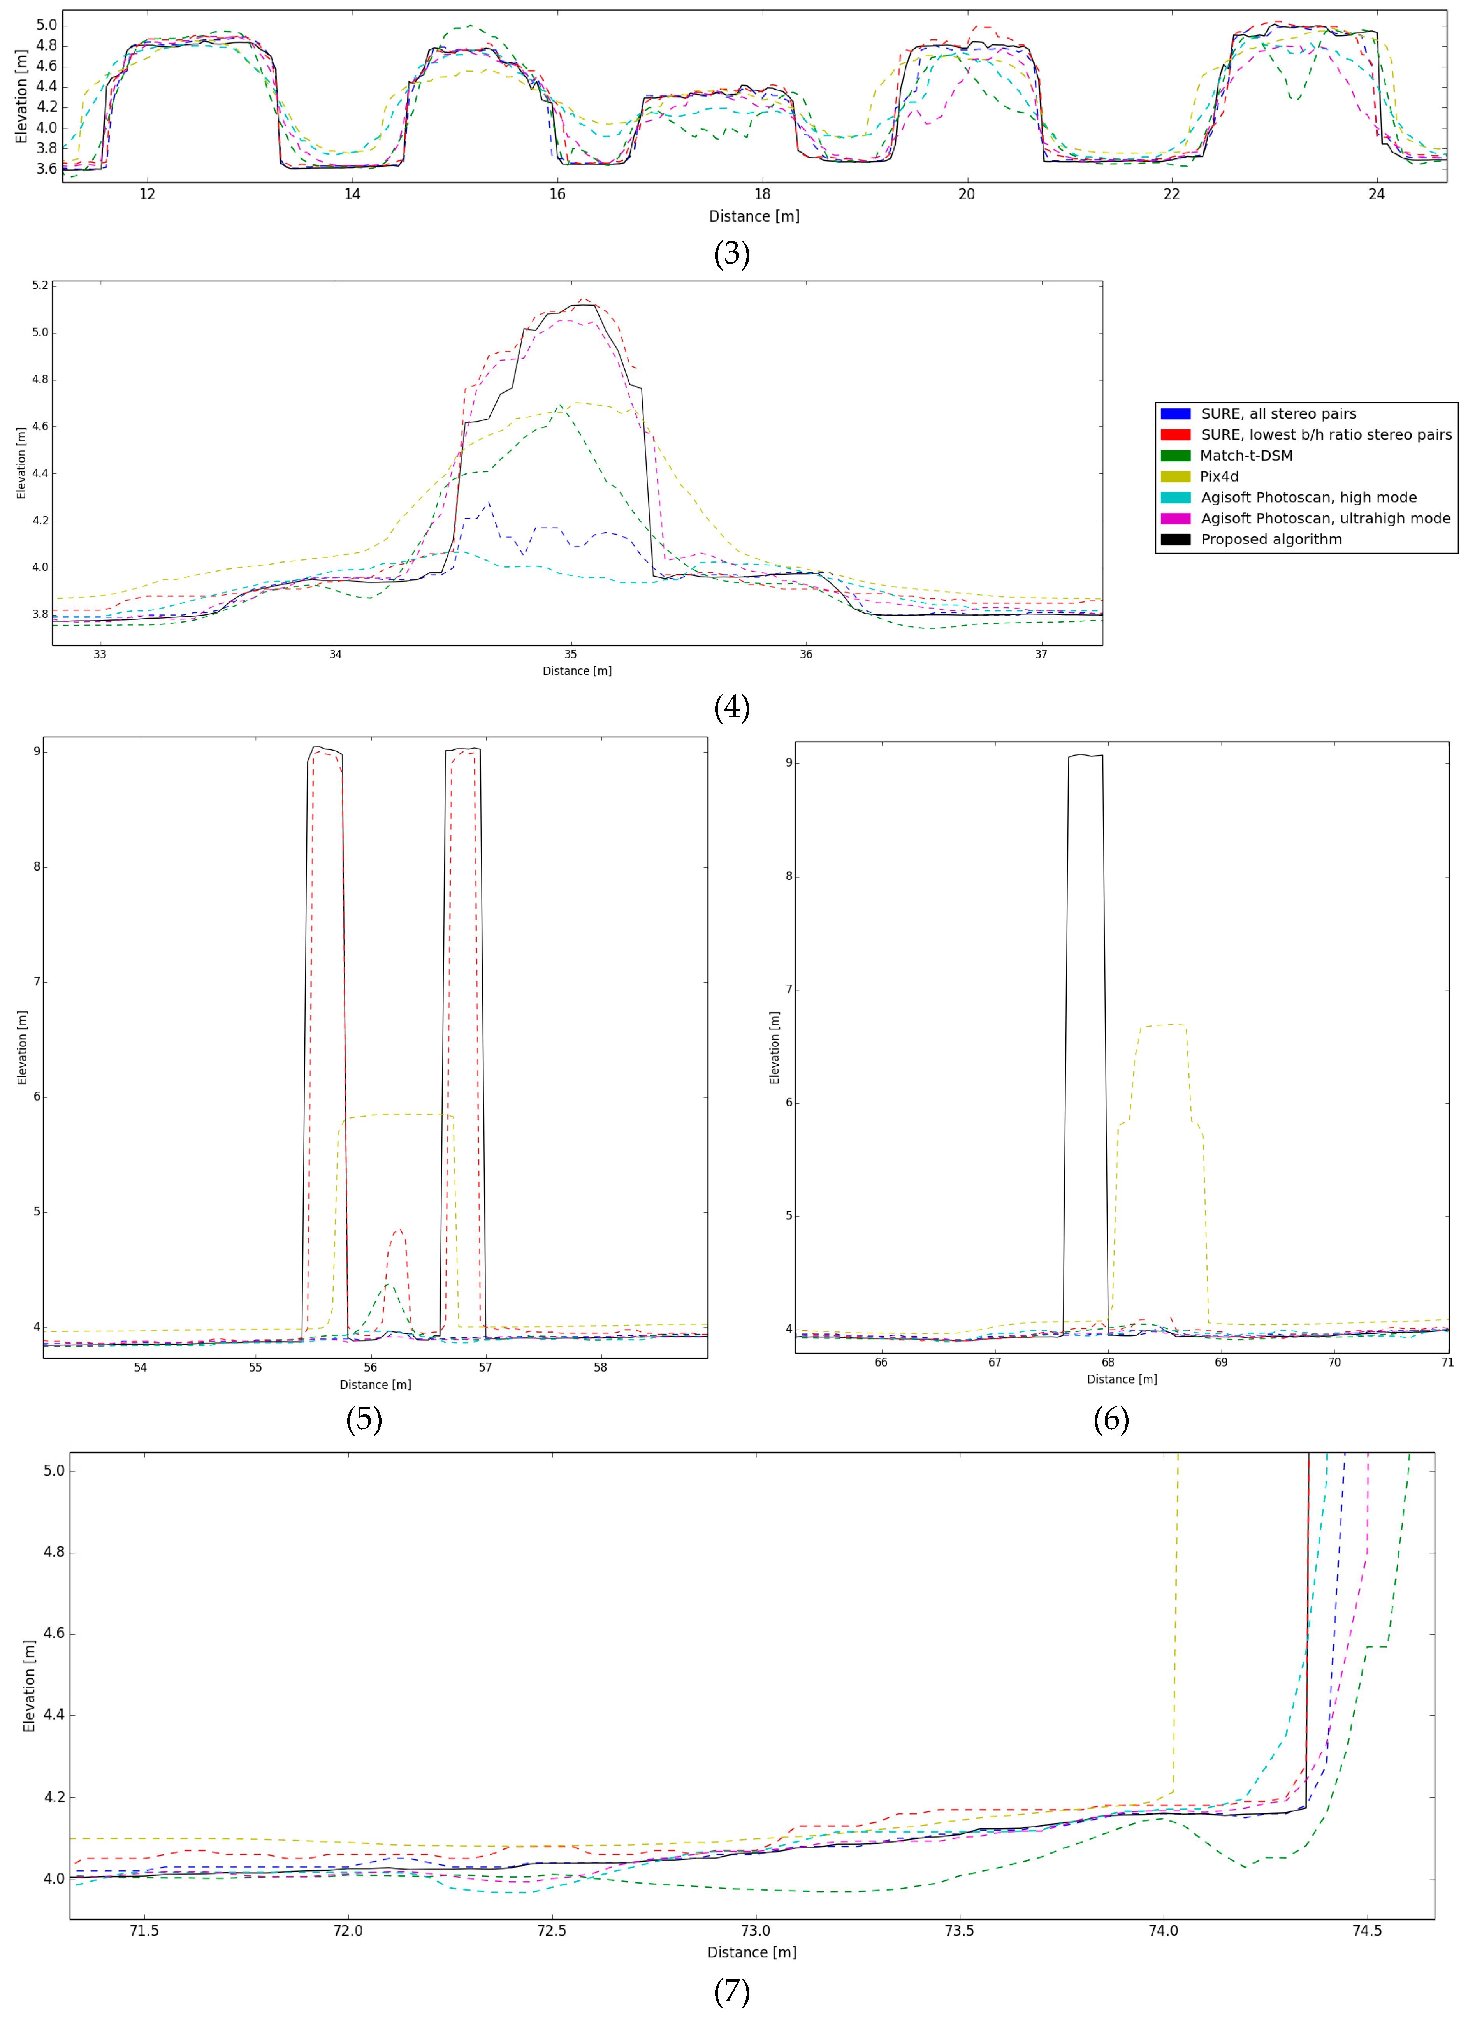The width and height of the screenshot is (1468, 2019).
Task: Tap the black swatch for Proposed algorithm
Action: (1175, 540)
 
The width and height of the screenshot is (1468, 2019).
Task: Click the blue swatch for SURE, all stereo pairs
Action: (1175, 414)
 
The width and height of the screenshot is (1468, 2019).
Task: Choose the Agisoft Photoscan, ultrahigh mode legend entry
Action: (1325, 518)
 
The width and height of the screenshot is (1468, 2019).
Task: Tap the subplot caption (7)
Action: (732, 1991)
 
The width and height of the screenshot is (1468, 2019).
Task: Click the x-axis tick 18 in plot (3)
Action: (762, 194)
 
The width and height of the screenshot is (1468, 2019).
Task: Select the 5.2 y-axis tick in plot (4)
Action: (40, 286)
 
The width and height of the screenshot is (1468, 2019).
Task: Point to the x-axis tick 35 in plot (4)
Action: (571, 654)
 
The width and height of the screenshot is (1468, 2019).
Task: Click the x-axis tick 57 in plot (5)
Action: (485, 1367)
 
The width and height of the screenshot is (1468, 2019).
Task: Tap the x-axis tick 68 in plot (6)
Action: (1108, 1362)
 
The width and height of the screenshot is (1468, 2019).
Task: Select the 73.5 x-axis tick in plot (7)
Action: (960, 1931)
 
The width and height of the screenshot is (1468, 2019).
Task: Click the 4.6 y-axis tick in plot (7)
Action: (53, 1634)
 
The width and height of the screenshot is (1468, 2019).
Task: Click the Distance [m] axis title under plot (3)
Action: (754, 216)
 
